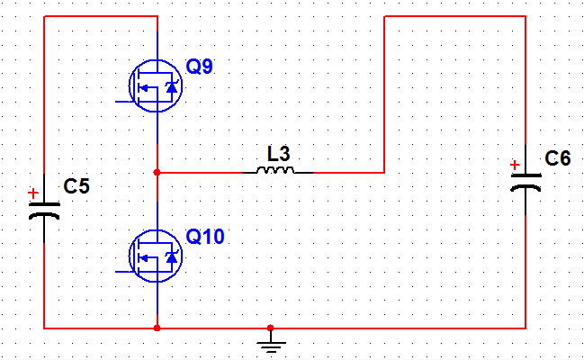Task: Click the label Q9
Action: [200, 67]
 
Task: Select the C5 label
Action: [77, 187]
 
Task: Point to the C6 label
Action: [558, 159]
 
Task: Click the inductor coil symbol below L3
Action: [274, 170]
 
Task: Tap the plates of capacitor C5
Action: [44, 211]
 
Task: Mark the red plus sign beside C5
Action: [33, 193]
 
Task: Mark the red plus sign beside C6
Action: [515, 165]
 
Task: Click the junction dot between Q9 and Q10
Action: [157, 171]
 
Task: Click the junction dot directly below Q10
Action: [157, 328]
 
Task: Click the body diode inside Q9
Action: [170, 87]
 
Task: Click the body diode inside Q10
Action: [170, 257]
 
